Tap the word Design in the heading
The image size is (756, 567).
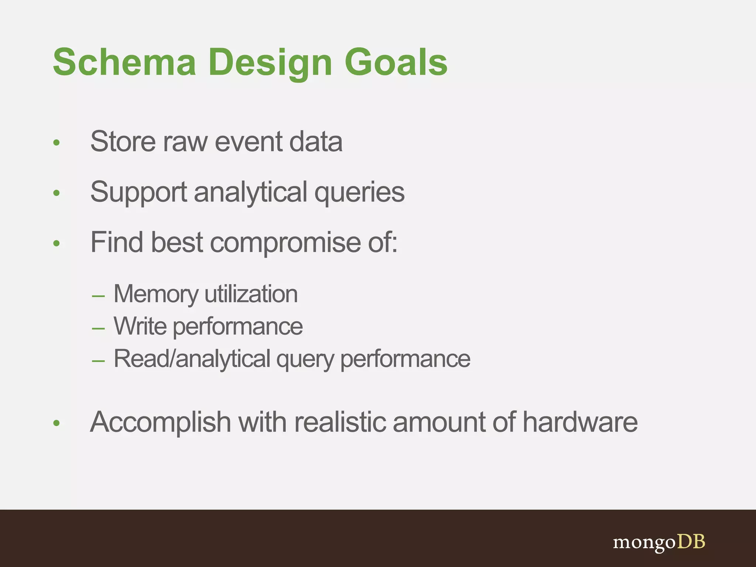(x=270, y=63)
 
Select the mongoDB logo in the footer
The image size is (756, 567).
(x=659, y=542)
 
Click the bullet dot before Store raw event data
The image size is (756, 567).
(x=56, y=142)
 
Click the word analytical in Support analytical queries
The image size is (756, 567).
(x=250, y=192)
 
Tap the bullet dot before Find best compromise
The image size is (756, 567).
(x=56, y=243)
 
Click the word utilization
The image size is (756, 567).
(x=251, y=294)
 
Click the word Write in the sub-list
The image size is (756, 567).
(x=140, y=326)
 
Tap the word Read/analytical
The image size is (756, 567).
(x=192, y=359)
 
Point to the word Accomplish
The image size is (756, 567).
(x=160, y=422)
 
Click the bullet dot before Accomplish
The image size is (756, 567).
(x=56, y=423)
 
